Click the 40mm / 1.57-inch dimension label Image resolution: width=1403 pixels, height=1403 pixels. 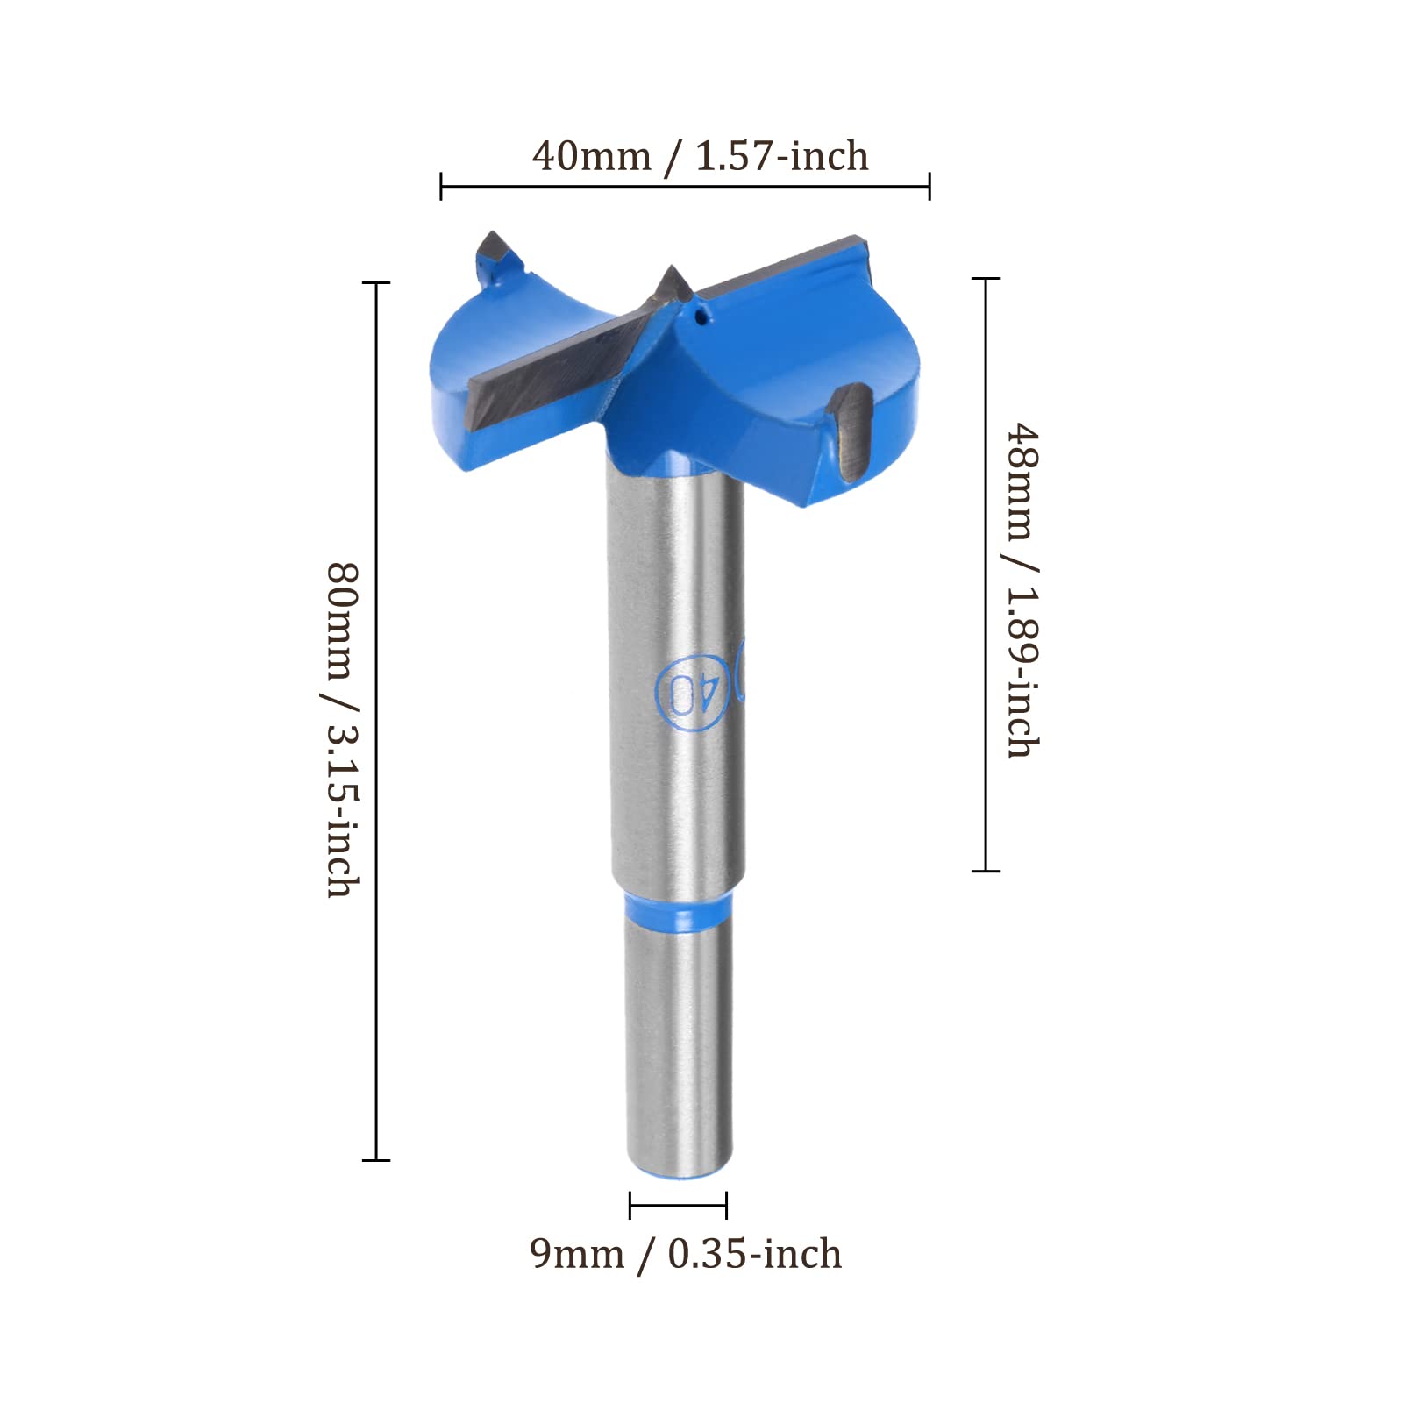(700, 156)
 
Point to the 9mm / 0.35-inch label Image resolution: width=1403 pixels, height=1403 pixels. (686, 1254)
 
